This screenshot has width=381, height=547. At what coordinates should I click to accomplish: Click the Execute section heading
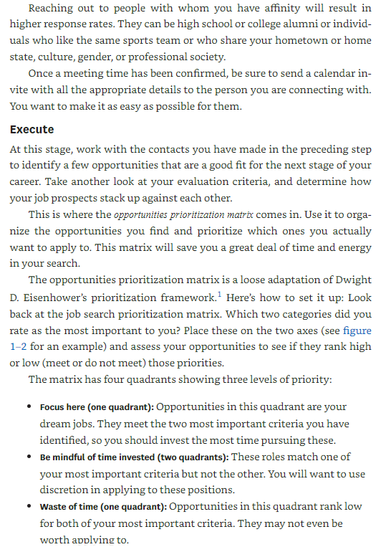(x=32, y=130)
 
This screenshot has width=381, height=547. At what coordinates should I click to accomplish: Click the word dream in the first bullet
(x=55, y=424)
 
